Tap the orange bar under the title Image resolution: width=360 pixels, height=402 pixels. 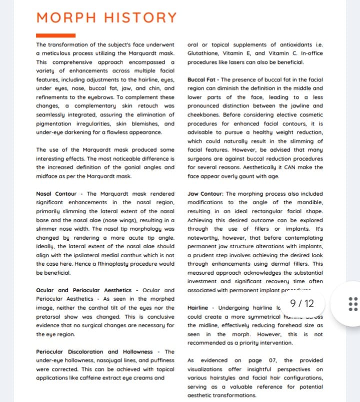pyautogui.click(x=55, y=35)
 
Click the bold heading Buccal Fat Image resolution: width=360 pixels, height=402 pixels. pyautogui.click(x=202, y=80)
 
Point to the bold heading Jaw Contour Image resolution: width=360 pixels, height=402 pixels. pyautogui.click(x=205, y=194)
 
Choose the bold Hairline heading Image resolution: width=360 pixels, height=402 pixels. pyautogui.click(x=201, y=308)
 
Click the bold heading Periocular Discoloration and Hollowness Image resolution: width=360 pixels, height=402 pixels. pyautogui.click(x=97, y=352)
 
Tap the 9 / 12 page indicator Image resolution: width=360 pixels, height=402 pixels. pyautogui.click(x=302, y=303)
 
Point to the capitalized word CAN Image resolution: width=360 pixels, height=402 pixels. pyautogui.click(x=293, y=167)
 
